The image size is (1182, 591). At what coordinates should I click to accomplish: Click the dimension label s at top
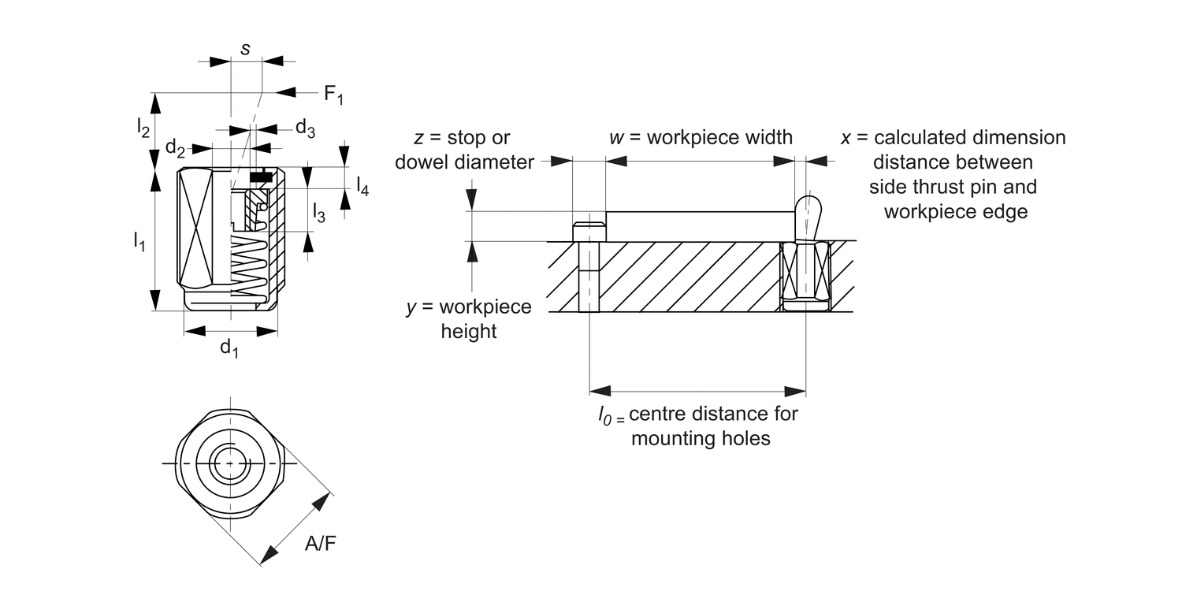click(x=245, y=49)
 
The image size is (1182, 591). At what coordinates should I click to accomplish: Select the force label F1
click(x=333, y=95)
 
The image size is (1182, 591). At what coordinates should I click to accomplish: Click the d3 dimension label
click(x=305, y=128)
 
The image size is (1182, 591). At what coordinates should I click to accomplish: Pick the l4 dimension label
click(x=362, y=185)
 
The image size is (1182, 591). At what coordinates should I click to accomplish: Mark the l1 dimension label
click(x=139, y=241)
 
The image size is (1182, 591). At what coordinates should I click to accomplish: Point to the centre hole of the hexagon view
click(x=230, y=463)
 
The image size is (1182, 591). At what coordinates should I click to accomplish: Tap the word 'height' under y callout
click(x=469, y=331)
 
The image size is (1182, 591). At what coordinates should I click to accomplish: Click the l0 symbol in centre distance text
click(x=606, y=414)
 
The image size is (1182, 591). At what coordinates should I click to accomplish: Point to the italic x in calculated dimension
click(x=846, y=138)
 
